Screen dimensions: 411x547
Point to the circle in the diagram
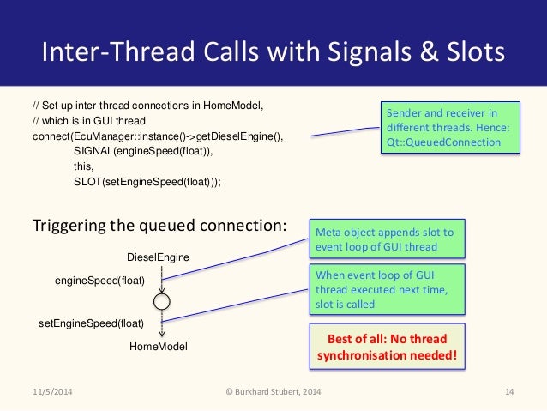pyautogui.click(x=162, y=302)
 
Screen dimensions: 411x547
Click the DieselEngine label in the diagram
pyautogui.click(x=158, y=257)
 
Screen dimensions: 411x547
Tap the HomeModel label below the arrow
pyautogui.click(x=159, y=346)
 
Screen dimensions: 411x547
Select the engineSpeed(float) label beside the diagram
pyautogui.click(x=99, y=281)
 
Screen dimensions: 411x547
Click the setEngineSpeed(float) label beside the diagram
pyautogui.click(x=92, y=323)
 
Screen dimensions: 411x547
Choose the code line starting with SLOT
pyautogui.click(x=147, y=181)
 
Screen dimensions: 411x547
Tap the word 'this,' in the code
pyautogui.click(x=84, y=166)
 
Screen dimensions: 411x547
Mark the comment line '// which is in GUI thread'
pyautogui.click(x=89, y=121)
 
